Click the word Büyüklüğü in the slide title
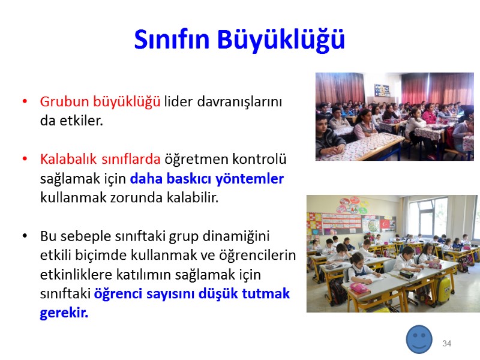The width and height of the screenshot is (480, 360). point(281,40)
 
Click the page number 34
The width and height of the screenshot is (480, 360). point(446,343)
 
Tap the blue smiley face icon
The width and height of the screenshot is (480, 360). point(419,339)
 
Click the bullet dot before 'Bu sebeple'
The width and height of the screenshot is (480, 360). point(25,236)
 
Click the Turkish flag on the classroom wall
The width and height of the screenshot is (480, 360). point(385,224)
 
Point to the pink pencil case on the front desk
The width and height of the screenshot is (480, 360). point(358,288)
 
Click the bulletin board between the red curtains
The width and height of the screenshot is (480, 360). point(382,90)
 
